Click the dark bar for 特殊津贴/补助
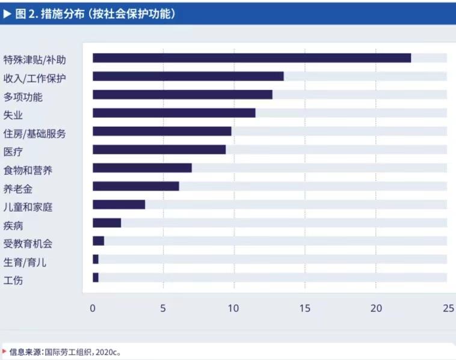pos(251,58)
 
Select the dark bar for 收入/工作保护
pos(188,76)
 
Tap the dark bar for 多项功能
pos(182,94)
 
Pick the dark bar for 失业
pos(174,113)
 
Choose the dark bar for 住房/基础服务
pos(162,131)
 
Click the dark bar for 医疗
pos(159,150)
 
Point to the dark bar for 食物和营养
pos(142,168)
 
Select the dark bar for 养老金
pos(135,186)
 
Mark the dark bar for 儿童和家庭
pos(119,204)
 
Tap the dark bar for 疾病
pos(106,223)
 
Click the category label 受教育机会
pos(28,243)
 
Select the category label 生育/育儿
pos(25,262)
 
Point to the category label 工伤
pos(13,280)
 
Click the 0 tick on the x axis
pos(93,308)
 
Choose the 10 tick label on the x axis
pos(233,308)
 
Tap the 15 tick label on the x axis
pos(305,308)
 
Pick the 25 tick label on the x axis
pos(448,308)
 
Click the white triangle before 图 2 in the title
pos(8,13)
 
